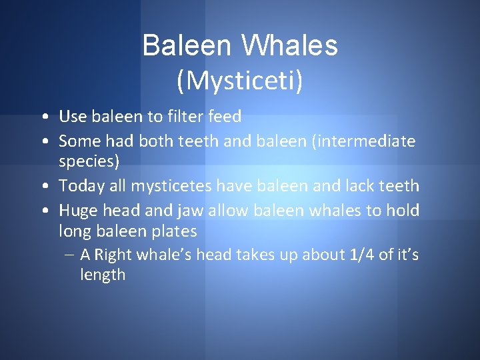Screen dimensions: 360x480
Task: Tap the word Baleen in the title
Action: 186,46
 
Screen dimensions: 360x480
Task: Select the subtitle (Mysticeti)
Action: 239,80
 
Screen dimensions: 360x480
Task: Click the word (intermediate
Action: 365,141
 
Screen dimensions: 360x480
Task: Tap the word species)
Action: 89,161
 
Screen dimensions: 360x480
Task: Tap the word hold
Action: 403,211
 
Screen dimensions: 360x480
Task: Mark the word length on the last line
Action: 103,274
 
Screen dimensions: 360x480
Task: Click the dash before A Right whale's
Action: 70,255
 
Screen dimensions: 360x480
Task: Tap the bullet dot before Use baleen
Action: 43,117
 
